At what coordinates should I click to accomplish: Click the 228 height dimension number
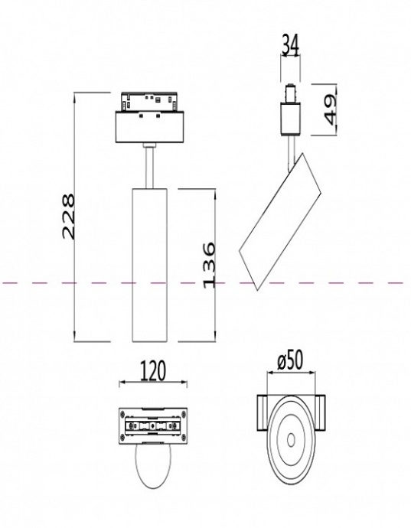click(67, 217)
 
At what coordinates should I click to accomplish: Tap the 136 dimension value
click(208, 265)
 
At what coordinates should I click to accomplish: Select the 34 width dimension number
click(290, 46)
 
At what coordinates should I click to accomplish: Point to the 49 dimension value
click(331, 109)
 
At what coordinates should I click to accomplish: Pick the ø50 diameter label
click(290, 360)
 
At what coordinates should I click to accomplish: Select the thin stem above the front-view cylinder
click(148, 165)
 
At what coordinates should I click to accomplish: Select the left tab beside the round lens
click(259, 413)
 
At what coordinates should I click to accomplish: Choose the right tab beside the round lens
click(323, 413)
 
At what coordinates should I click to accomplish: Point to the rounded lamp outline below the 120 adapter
click(153, 467)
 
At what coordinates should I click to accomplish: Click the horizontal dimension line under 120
click(154, 382)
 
